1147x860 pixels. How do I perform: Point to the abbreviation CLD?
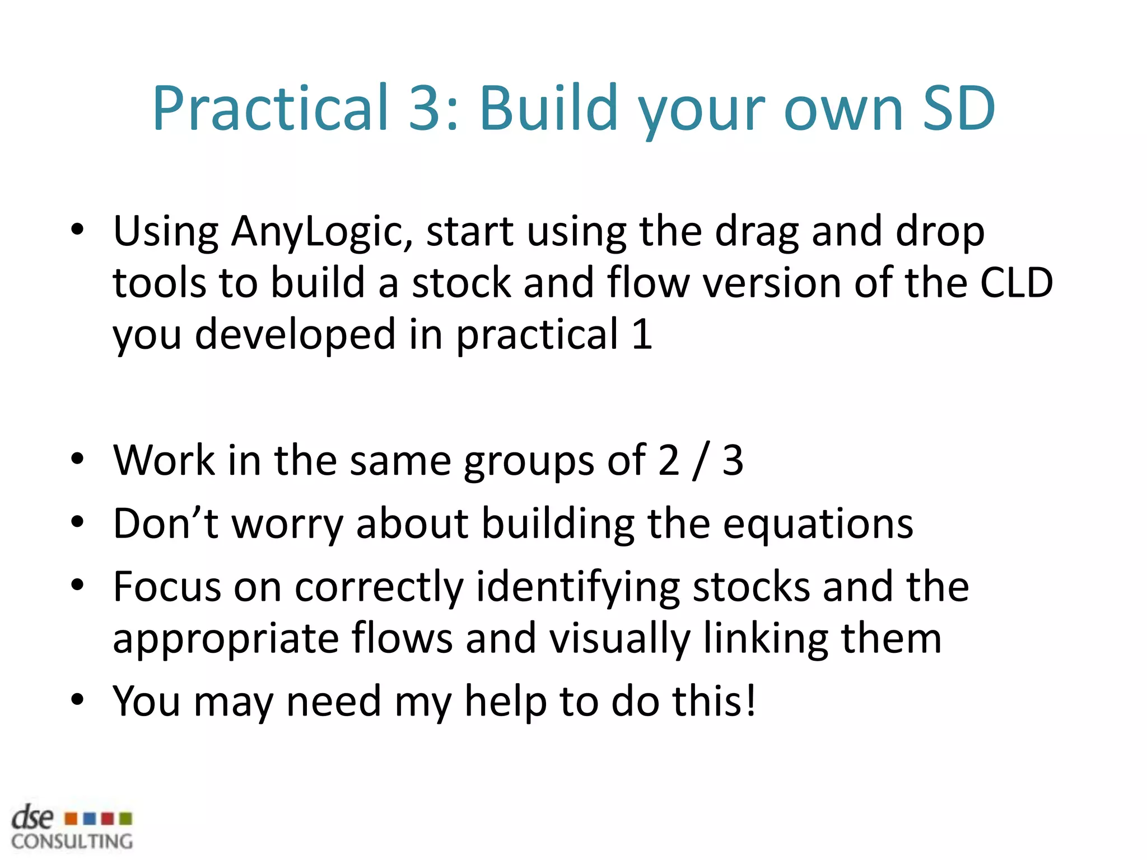pyautogui.click(x=1016, y=283)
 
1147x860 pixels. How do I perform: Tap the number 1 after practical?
pyautogui.click(x=642, y=334)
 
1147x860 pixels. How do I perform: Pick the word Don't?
pyautogui.click(x=166, y=524)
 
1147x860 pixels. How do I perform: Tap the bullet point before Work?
pyautogui.click(x=77, y=459)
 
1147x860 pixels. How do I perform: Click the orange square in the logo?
pyautogui.click(x=71, y=819)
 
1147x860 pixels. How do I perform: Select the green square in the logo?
pyautogui.click(x=126, y=819)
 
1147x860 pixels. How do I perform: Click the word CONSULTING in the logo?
pyautogui.click(x=72, y=842)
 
